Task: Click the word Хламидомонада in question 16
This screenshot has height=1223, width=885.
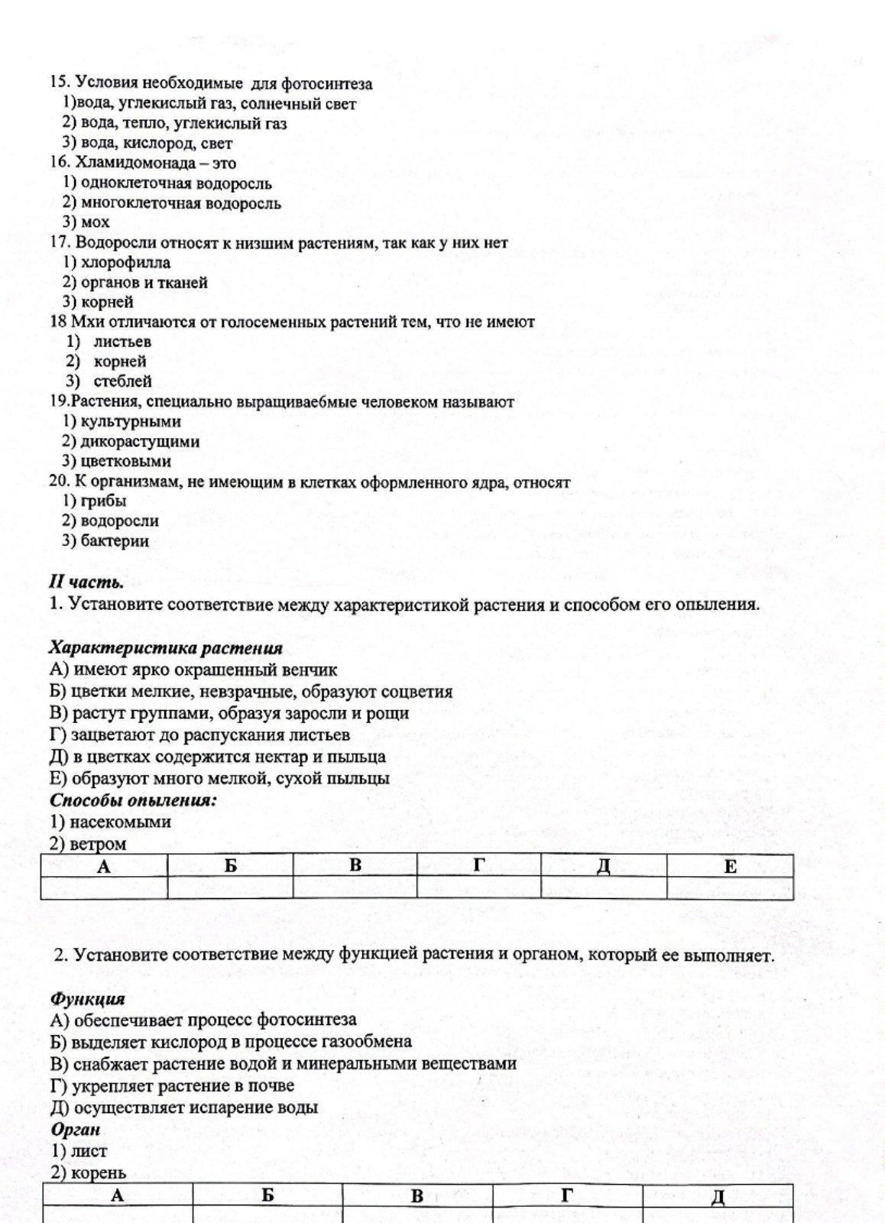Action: click(130, 163)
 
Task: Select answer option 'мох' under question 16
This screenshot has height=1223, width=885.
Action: click(95, 222)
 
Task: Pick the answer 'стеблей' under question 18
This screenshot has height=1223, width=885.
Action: click(122, 381)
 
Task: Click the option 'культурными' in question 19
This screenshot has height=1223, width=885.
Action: click(130, 421)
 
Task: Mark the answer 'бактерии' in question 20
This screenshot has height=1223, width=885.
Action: click(114, 540)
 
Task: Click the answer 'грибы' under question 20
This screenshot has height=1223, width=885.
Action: click(103, 501)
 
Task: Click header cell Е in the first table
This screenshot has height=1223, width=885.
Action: click(730, 866)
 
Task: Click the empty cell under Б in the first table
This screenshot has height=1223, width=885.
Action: click(230, 888)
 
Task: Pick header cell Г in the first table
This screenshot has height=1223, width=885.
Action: click(479, 866)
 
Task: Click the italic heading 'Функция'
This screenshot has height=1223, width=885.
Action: click(87, 998)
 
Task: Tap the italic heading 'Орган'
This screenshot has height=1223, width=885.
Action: click(76, 1129)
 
